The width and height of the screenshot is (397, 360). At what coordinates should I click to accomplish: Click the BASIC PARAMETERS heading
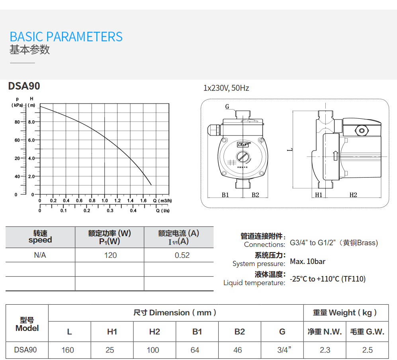click(x=66, y=37)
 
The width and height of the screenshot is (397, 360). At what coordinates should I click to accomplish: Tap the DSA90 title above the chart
click(x=24, y=86)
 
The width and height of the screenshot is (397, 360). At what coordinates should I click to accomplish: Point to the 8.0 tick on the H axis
click(x=31, y=122)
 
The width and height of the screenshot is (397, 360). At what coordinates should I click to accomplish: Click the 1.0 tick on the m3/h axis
click(x=105, y=200)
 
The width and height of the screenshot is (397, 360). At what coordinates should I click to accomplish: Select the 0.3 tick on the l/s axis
click(x=110, y=211)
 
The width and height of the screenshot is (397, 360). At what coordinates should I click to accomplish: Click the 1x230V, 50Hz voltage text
click(x=226, y=88)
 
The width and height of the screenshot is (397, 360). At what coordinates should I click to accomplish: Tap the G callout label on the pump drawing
click(x=227, y=107)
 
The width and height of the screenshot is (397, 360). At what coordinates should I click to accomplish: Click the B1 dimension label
click(x=225, y=195)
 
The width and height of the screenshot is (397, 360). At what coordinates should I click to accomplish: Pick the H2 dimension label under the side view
click(x=353, y=195)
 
